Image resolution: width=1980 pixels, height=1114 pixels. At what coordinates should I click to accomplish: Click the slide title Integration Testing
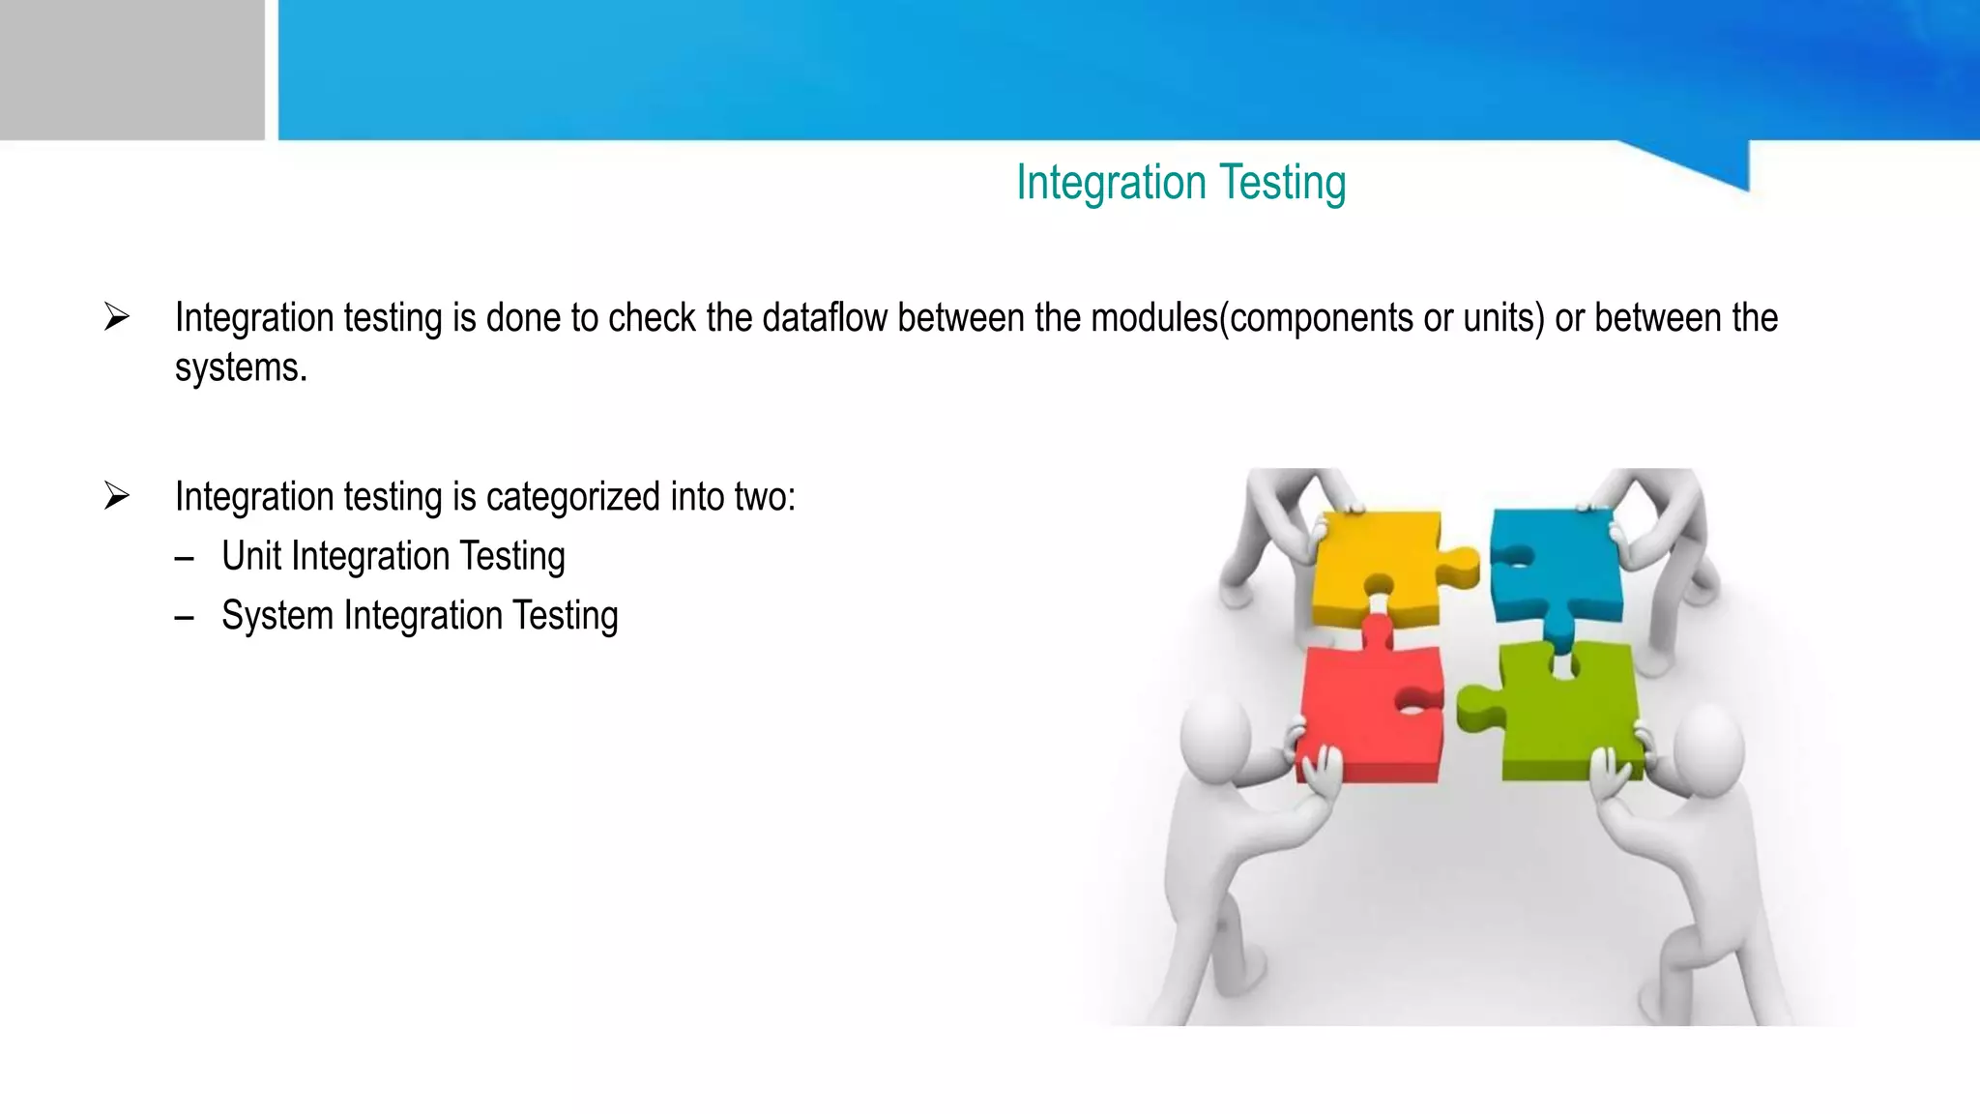tap(1180, 183)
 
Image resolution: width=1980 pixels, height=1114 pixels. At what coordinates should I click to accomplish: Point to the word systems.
tap(241, 368)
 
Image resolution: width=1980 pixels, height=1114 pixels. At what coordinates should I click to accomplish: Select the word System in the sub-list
tap(277, 616)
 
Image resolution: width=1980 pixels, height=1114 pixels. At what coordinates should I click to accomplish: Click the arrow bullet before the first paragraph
tap(117, 316)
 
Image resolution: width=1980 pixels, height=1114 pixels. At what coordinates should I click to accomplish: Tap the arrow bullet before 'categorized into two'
tap(117, 496)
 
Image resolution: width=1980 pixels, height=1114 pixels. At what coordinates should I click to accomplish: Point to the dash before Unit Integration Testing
tap(185, 559)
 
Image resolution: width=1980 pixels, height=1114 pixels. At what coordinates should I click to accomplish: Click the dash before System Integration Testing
tap(185, 618)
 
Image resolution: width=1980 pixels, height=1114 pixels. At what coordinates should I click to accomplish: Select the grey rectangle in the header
tap(131, 70)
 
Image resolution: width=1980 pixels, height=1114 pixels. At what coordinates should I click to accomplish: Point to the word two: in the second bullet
tap(765, 498)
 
